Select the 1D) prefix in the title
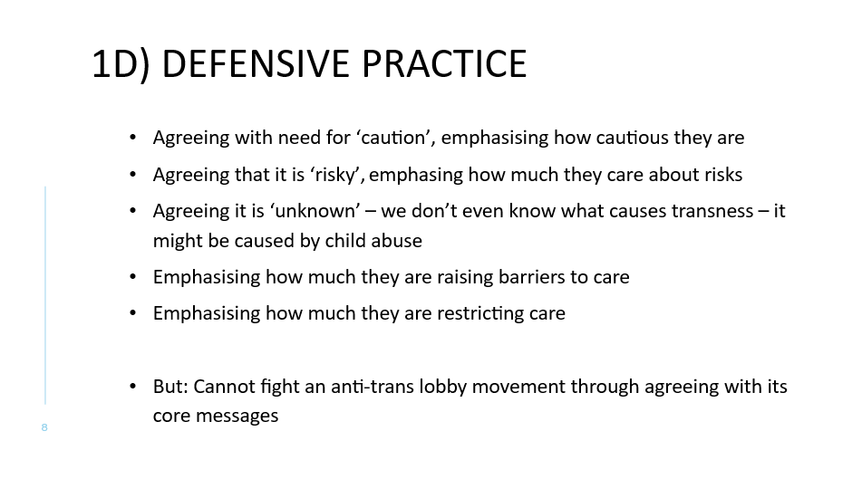121,64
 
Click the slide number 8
44,427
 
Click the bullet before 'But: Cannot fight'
133,387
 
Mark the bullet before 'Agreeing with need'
133,138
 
